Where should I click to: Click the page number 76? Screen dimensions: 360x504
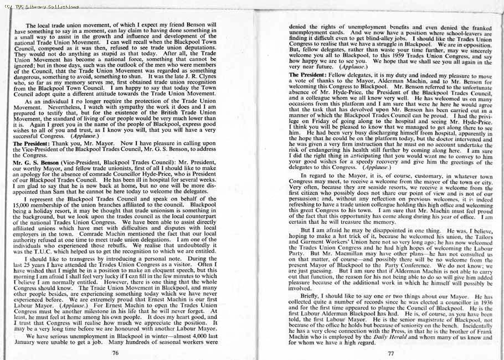[115, 352]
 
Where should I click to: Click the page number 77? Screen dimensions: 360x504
[390, 353]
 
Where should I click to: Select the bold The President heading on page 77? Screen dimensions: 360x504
[308, 75]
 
